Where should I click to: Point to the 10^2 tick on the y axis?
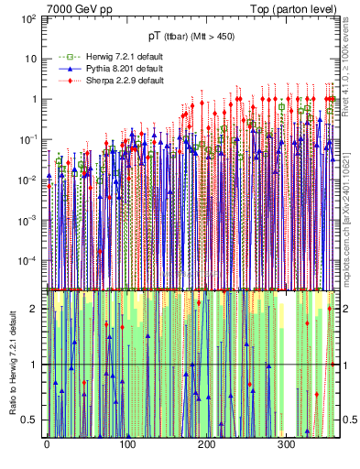click(28, 18)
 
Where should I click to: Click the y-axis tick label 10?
click(30, 59)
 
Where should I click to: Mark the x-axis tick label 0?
click(47, 444)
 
